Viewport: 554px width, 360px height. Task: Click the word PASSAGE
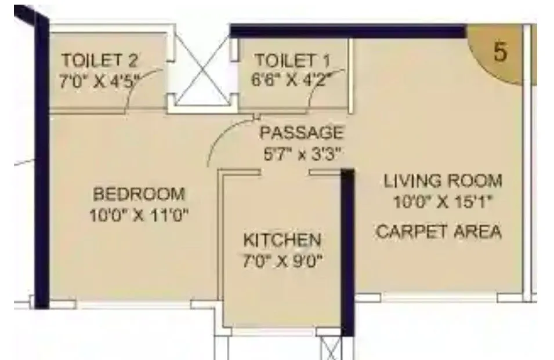pos(301,133)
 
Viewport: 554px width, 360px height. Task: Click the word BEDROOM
pos(139,193)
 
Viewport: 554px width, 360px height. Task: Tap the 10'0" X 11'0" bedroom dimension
pos(139,215)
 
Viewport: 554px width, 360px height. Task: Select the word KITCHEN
pos(281,239)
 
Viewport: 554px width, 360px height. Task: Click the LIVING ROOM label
pos(443,180)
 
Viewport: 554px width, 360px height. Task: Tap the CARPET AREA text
pos(439,232)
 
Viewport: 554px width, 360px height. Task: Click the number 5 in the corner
pos(500,52)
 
